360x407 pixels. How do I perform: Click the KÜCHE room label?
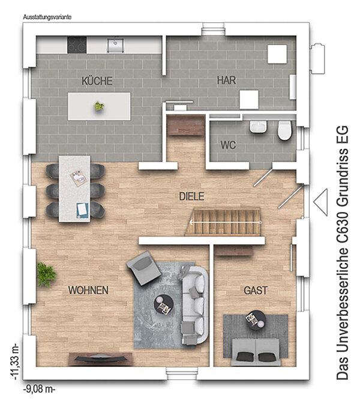tap(97, 80)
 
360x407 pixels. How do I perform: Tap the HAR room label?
tap(226, 80)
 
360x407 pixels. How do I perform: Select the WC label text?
tap(228, 145)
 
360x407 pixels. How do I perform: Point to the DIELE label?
tap(191, 196)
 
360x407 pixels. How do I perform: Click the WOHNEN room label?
tap(88, 290)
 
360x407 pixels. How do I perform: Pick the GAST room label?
tap(256, 290)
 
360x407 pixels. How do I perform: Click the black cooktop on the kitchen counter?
tap(77, 45)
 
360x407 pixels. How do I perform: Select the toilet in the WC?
tap(285, 130)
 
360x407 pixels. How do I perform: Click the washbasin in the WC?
tap(259, 127)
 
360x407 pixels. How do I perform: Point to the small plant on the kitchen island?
tap(99, 106)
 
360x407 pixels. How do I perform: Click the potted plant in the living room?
tap(46, 274)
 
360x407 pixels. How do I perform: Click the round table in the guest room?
tap(256, 320)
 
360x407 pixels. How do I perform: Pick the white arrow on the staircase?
tap(226, 223)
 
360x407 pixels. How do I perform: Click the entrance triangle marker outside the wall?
tap(320, 202)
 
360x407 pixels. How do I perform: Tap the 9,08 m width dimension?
tap(39, 390)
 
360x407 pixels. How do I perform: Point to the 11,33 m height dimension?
tap(15, 363)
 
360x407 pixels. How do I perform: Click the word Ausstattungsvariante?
tap(47, 17)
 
